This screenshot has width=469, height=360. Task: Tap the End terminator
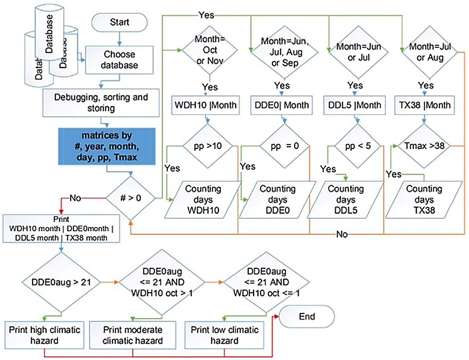pos(307,316)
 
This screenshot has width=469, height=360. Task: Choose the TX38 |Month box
pos(424,105)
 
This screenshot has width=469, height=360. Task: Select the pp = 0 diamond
pos(280,147)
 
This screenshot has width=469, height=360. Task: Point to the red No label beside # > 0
pos(76,198)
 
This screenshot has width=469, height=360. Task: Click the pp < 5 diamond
pos(353,147)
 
